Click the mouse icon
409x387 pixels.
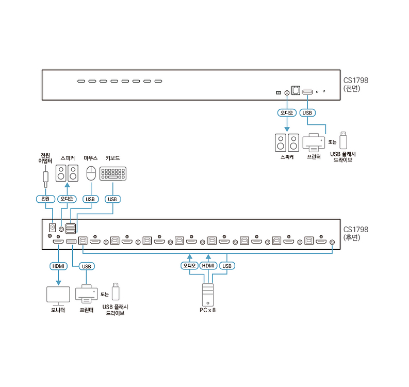pyautogui.click(x=91, y=173)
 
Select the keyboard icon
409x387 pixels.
pyautogui.click(x=114, y=173)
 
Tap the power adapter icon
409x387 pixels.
pyautogui.click(x=45, y=178)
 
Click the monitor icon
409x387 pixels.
pyautogui.click(x=58, y=295)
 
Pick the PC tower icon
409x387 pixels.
pyautogui.click(x=207, y=295)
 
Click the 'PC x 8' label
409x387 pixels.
pyautogui.click(x=207, y=311)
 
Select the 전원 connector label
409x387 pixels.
pyautogui.click(x=45, y=199)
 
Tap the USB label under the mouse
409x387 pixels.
pyautogui.click(x=91, y=199)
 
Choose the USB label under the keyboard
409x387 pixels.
pyautogui.click(x=113, y=199)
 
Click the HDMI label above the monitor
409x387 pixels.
pyautogui.click(x=58, y=266)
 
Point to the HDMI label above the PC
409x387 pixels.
pyautogui.click(x=208, y=266)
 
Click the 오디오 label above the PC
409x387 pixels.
pyautogui.click(x=189, y=266)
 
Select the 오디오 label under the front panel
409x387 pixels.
pyautogui.click(x=286, y=112)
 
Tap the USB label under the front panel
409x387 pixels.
pyautogui.click(x=307, y=112)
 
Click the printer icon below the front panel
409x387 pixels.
pyautogui.click(x=314, y=142)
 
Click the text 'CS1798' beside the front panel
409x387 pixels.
pyautogui.click(x=356, y=80)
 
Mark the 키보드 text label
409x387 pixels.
pyautogui.click(x=112, y=158)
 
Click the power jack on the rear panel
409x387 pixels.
pyautogui.click(x=52, y=227)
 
